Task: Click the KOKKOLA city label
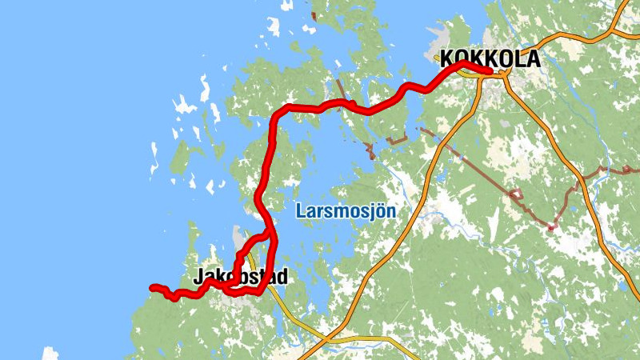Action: (490, 59)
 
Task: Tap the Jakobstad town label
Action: (240, 278)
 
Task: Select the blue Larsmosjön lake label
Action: (346, 212)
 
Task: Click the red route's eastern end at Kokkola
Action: (489, 71)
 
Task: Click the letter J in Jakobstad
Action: (199, 278)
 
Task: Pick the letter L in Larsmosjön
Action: (300, 211)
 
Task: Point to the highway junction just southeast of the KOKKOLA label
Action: (505, 74)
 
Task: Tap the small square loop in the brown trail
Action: (516, 194)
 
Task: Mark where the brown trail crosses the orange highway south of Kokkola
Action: (439, 144)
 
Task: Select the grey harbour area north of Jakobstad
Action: (238, 236)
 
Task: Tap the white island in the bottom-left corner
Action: (50, 353)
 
